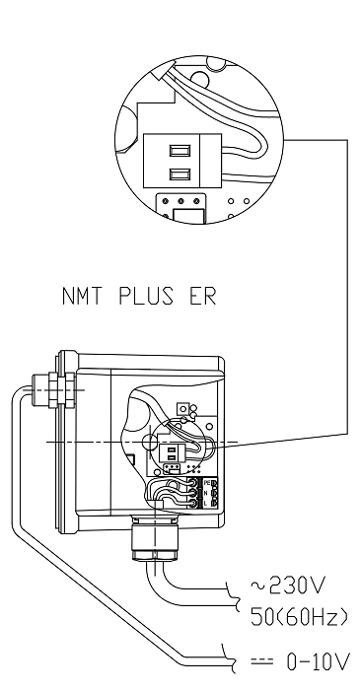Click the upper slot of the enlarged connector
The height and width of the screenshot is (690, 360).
click(x=180, y=152)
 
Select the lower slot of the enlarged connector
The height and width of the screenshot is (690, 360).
click(x=180, y=174)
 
